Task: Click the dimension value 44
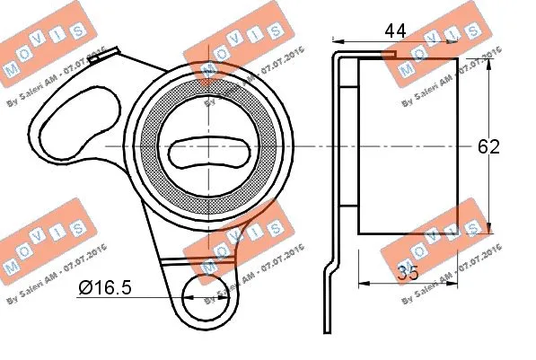[x=394, y=31]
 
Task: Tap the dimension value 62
[x=488, y=146]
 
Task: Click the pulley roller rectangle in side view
[x=408, y=146]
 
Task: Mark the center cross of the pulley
[x=207, y=146]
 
